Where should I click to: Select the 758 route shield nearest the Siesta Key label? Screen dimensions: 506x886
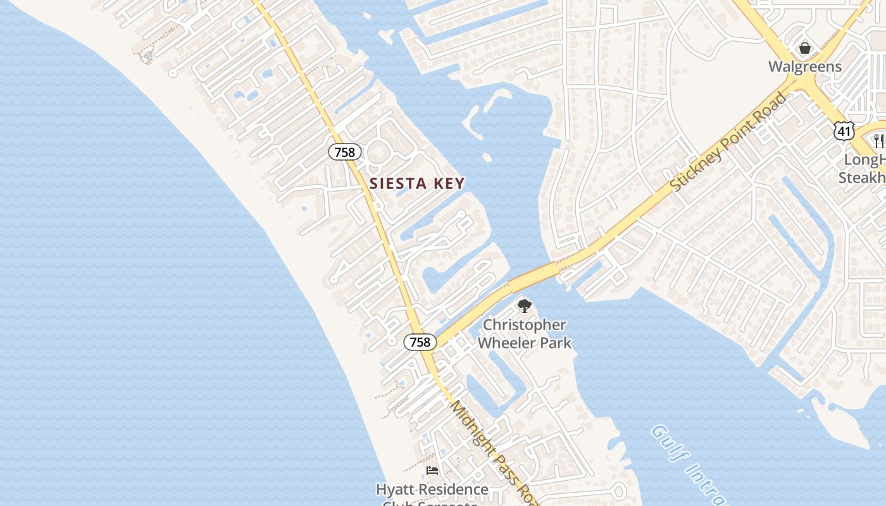click(345, 152)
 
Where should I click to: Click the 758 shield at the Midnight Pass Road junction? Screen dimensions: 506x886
click(420, 342)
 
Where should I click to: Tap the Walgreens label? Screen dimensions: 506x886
click(805, 66)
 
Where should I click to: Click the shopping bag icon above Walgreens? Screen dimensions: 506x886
click(805, 48)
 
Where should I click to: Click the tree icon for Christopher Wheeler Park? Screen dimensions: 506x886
click(524, 307)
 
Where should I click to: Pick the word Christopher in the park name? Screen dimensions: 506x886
click(525, 325)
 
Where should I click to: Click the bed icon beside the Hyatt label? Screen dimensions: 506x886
click(432, 470)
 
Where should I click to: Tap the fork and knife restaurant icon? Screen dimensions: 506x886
click(879, 140)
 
